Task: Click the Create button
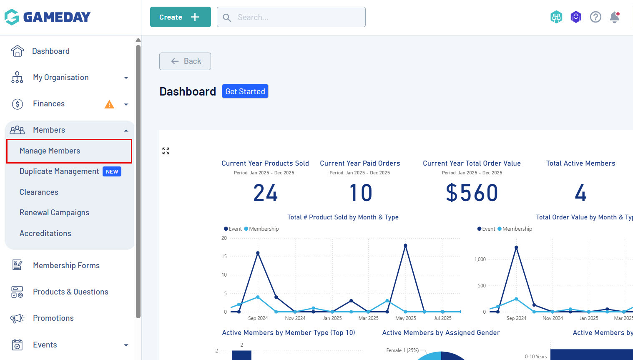coord(180,17)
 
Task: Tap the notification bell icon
coord(614,17)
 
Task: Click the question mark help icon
coord(595,17)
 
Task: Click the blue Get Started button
coord(245,91)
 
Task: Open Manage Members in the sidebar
coord(50,151)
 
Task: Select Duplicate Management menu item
coord(59,171)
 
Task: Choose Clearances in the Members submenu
coord(39,192)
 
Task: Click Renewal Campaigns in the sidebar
coord(54,213)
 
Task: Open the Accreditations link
coord(45,234)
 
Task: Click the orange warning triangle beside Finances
coord(109,104)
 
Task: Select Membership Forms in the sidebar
coord(66,266)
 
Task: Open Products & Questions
coord(70,292)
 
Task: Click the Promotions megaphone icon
coord(17,319)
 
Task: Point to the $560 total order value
coord(472,193)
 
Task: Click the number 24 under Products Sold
coord(265,193)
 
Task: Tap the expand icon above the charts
coord(166,151)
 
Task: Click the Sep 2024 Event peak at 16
coord(258,253)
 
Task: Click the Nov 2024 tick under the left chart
coord(295,318)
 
